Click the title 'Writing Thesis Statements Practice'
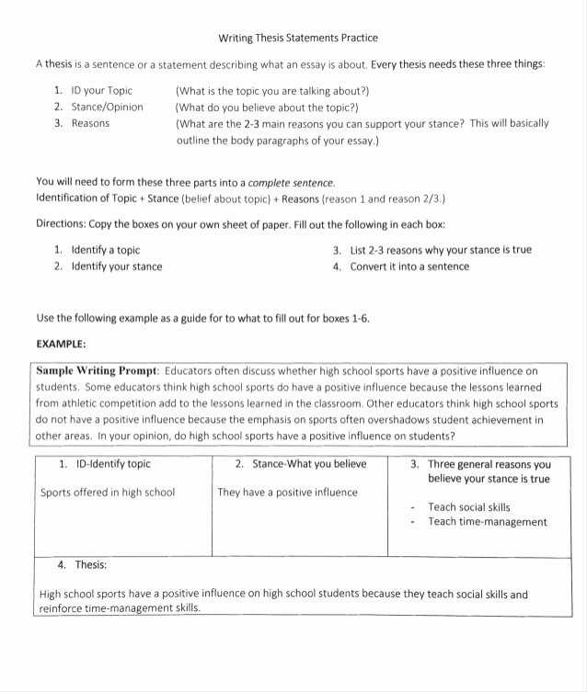tap(297, 39)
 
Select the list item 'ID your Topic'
tap(101, 91)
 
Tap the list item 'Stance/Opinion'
tap(107, 107)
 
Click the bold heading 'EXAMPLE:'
tap(61, 343)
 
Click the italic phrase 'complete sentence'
tap(292, 182)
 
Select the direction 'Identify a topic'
tap(105, 250)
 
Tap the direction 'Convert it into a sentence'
tap(409, 267)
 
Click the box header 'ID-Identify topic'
tap(110, 464)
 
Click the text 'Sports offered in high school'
tap(108, 493)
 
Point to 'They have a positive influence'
tap(287, 493)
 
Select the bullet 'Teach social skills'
tap(468, 507)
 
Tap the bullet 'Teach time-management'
tap(487, 522)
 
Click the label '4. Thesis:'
tap(82, 565)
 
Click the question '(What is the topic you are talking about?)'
tap(272, 91)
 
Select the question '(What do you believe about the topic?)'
tap(266, 107)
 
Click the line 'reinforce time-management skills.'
tap(120, 608)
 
